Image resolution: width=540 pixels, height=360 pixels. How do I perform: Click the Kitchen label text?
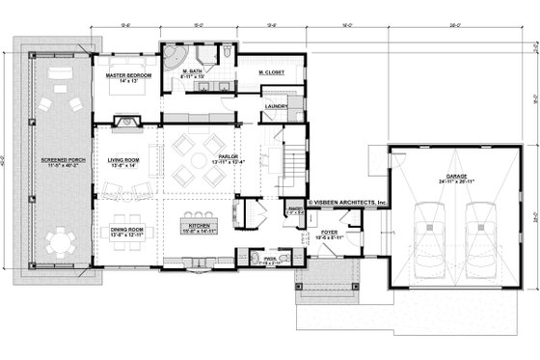pyautogui.click(x=197, y=229)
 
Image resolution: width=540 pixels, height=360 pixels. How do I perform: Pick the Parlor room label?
pyautogui.click(x=228, y=156)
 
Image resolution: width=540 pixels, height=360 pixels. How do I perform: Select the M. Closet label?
pyautogui.click(x=274, y=72)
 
